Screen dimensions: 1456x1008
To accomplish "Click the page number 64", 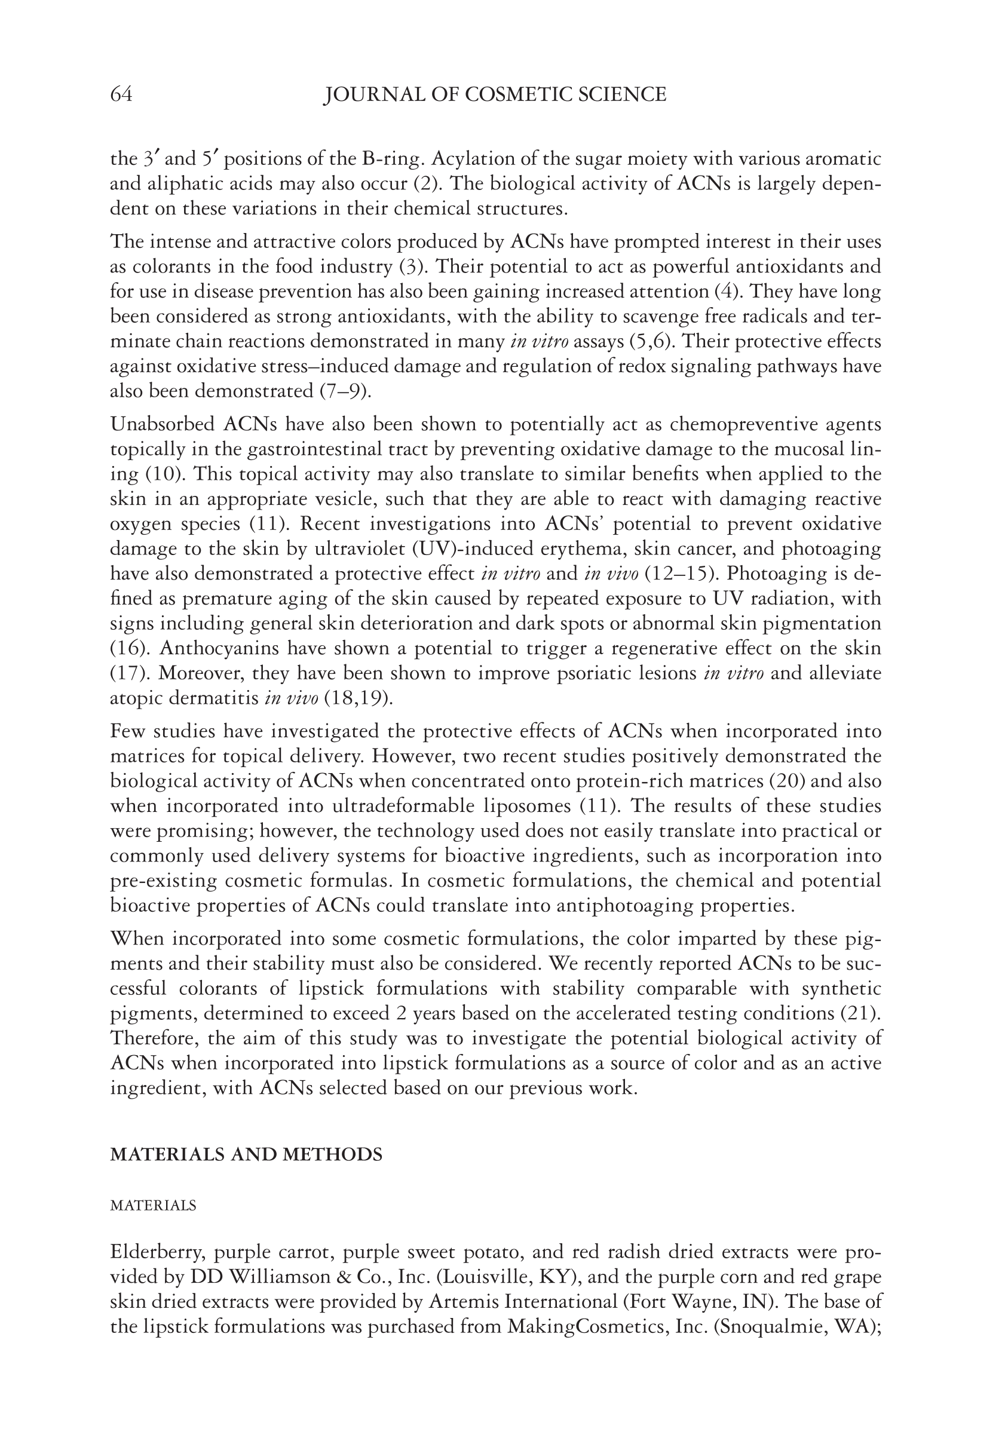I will (121, 95).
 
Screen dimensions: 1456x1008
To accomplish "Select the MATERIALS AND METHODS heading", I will (246, 1154).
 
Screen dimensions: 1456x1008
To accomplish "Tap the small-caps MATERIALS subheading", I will (153, 1205).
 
